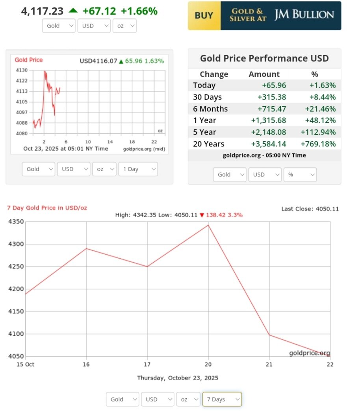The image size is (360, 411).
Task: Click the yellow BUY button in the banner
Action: pyautogui.click(x=204, y=16)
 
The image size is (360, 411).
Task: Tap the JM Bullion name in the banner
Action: pyautogui.click(x=304, y=15)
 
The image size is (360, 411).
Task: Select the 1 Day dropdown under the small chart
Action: pyautogui.click(x=137, y=169)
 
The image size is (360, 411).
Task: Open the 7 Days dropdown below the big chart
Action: pyautogui.click(x=222, y=399)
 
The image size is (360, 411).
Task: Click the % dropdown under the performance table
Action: pyautogui.click(x=300, y=174)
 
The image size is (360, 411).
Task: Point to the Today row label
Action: pyautogui.click(x=204, y=85)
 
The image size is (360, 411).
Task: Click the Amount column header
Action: pyautogui.click(x=264, y=74)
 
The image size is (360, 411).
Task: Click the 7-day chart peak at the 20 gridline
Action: pyautogui.click(x=208, y=225)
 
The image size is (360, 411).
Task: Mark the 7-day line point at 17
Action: pyautogui.click(x=147, y=267)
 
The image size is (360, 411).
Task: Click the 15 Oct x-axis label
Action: pyautogui.click(x=25, y=365)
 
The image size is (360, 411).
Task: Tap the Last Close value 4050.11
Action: pyautogui.click(x=327, y=209)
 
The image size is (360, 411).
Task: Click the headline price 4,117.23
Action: pyautogui.click(x=42, y=11)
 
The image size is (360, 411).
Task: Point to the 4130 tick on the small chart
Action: pyautogui.click(x=22, y=70)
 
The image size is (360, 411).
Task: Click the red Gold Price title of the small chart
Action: pyautogui.click(x=29, y=60)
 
